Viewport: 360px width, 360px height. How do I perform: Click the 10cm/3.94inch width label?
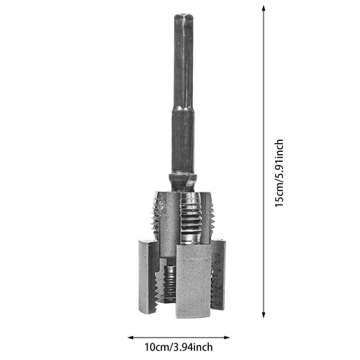click(x=179, y=347)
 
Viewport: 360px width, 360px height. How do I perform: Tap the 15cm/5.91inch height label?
click(x=279, y=174)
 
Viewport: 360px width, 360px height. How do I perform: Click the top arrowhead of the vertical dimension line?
click(x=264, y=9)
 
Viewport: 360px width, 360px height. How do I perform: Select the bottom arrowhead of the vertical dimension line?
click(x=264, y=315)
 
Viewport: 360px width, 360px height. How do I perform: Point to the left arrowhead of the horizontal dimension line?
click(x=130, y=338)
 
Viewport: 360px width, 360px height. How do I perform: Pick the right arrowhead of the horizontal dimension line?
click(x=227, y=338)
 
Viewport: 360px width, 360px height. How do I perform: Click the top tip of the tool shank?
click(x=184, y=15)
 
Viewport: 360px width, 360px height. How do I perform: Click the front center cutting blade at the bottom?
click(x=194, y=282)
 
